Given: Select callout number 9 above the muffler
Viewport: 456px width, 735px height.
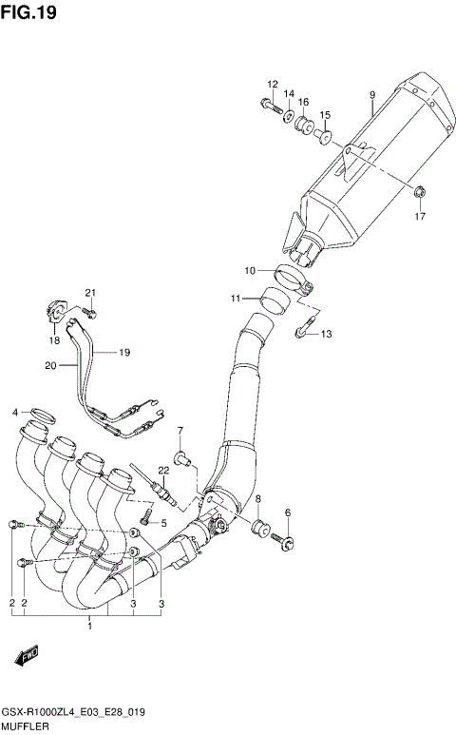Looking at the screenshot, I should coord(372,94).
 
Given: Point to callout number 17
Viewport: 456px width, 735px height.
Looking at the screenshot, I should coord(420,217).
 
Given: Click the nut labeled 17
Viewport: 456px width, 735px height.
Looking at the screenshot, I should coord(419,195).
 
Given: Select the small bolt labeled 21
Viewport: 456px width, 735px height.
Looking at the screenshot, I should coord(91,310).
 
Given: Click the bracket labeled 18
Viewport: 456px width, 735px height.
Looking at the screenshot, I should coord(55,309).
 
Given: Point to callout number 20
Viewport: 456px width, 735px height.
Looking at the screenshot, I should coord(49,365).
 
